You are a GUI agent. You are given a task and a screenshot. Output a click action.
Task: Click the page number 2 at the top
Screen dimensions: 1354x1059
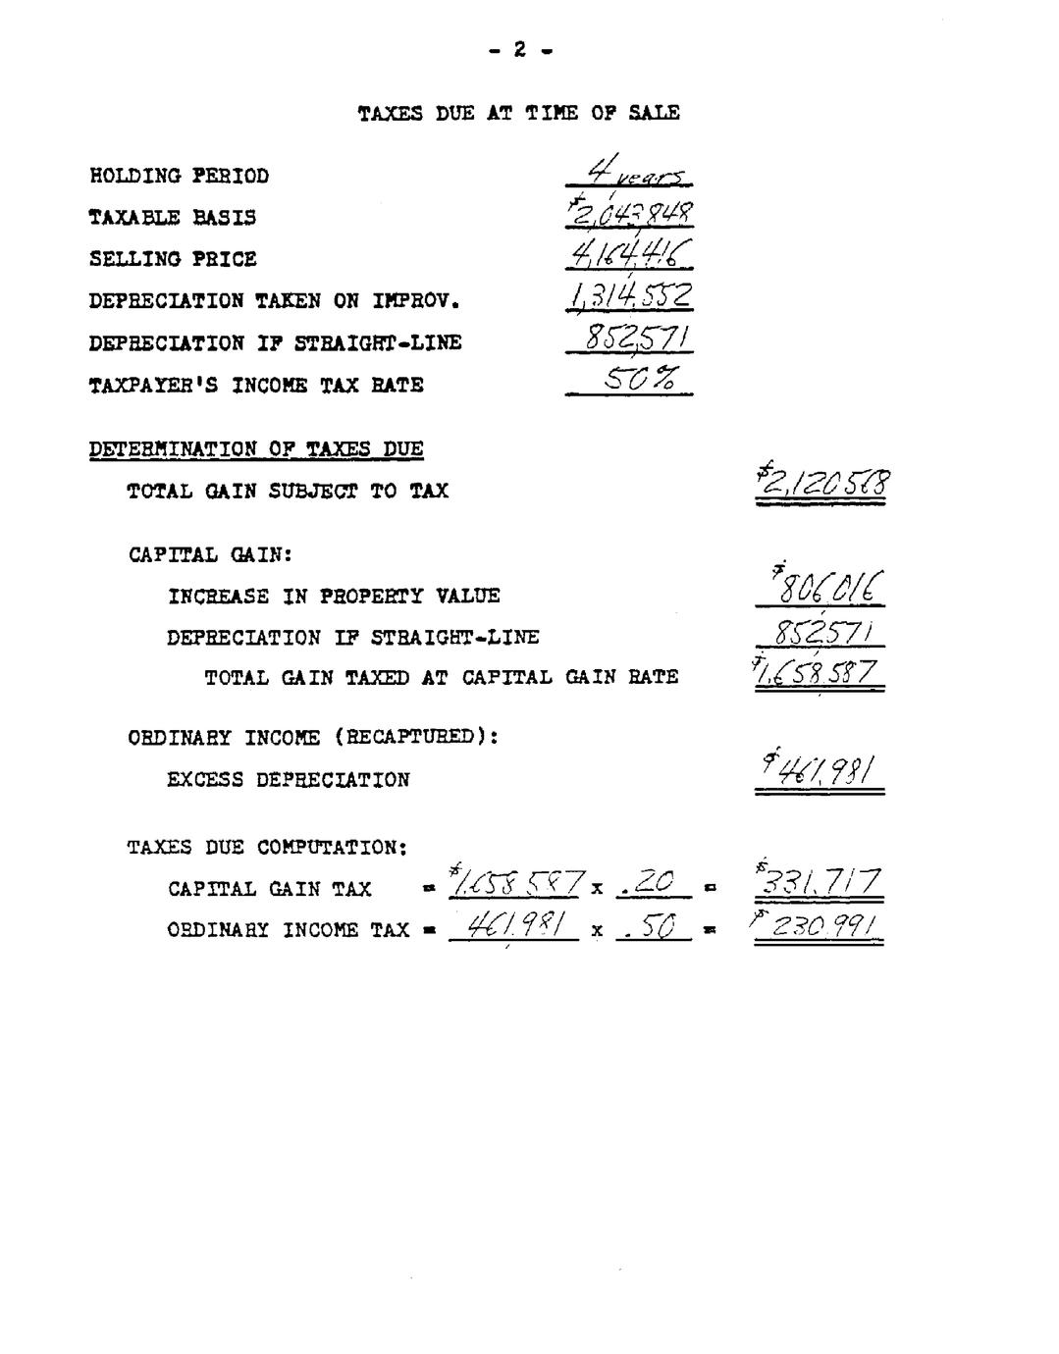coord(519,49)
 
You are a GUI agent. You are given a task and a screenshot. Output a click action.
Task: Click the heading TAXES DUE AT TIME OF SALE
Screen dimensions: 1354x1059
coord(518,114)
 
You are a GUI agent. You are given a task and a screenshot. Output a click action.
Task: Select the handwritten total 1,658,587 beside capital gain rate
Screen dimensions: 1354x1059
coord(819,673)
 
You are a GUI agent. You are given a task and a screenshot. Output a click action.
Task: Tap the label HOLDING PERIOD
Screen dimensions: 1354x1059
coord(179,177)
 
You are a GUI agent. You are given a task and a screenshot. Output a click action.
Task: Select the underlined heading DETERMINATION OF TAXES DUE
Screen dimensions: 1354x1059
coord(256,450)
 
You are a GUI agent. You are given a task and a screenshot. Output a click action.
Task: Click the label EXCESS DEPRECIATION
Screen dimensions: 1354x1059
coord(288,781)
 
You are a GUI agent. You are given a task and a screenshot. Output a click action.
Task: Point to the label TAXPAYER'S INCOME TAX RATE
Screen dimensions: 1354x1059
coord(256,386)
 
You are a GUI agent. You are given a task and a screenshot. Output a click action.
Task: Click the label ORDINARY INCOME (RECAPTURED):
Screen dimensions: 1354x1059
coord(313,737)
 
